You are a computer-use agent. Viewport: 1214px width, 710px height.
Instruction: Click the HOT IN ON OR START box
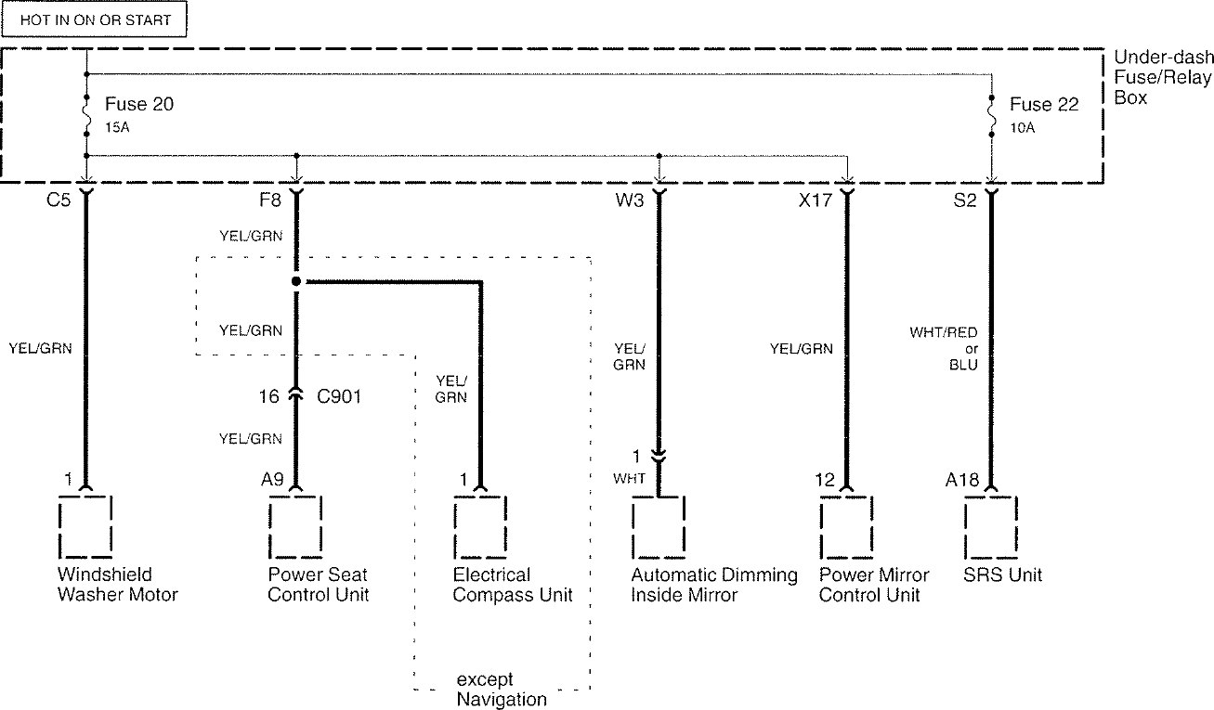(x=96, y=19)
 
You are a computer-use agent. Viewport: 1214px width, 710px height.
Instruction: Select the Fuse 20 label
(x=139, y=105)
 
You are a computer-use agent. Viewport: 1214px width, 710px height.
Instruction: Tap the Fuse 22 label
(x=1044, y=105)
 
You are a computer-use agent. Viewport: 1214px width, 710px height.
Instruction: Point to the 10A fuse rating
(x=1024, y=127)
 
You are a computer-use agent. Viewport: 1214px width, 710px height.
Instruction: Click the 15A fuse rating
(x=119, y=127)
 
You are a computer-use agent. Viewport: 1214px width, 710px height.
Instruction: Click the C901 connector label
(x=339, y=395)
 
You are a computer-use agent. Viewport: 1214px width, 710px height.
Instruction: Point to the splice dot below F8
(x=296, y=280)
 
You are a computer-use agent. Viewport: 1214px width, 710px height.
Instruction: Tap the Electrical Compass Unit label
(x=513, y=585)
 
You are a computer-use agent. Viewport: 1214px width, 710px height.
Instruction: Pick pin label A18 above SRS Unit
(x=962, y=481)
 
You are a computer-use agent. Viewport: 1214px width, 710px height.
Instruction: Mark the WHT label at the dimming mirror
(x=628, y=479)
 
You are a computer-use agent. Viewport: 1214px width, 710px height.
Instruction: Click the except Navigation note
(x=502, y=690)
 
